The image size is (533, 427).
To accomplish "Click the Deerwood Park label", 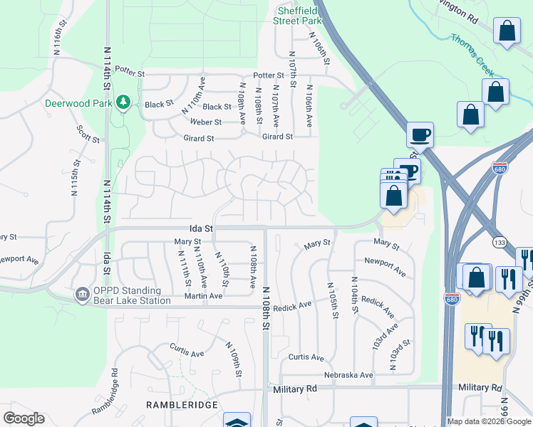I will pyautogui.click(x=79, y=103).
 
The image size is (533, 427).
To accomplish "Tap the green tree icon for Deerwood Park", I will pyautogui.click(x=123, y=103).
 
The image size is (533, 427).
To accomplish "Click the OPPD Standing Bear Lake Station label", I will pyautogui.click(x=132, y=295).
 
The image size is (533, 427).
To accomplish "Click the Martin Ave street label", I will pyautogui.click(x=199, y=296).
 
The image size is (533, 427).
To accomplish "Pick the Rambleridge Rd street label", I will pyautogui.click(x=105, y=392).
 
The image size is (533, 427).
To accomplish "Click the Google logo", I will pyautogui.click(x=24, y=418).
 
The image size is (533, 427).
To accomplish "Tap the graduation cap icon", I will pyautogui.click(x=237, y=421).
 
